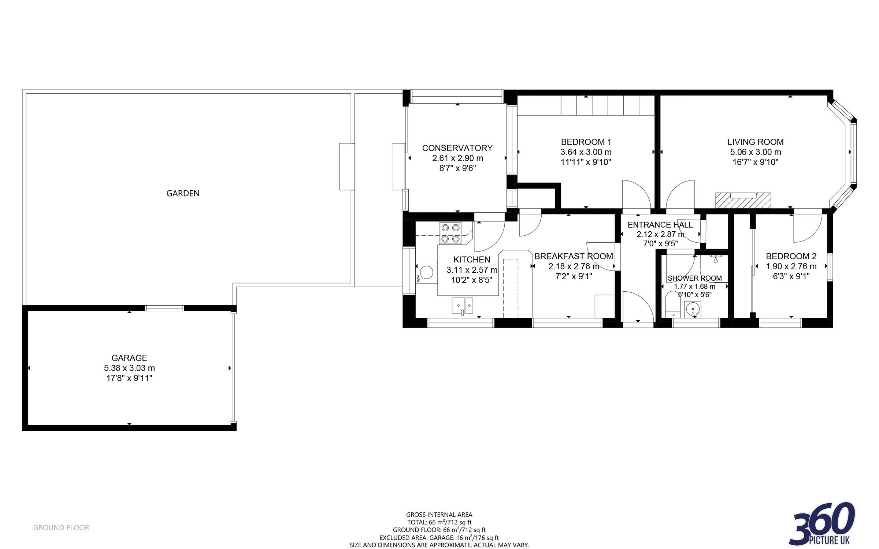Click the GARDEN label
pos(183,193)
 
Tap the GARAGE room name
pos(129,358)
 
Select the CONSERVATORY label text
pos(457,148)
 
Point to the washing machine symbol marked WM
pos(426,272)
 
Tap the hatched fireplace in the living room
pos(743,201)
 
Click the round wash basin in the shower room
pos(693,309)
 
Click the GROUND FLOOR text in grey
pos(61,527)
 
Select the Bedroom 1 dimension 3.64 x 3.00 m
pos(586,152)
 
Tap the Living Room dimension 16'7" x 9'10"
pos(755,162)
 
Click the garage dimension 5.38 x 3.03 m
pos(129,368)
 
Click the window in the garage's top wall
pos(164,308)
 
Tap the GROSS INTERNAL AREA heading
pos(439,515)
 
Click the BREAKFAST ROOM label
pos(574,256)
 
